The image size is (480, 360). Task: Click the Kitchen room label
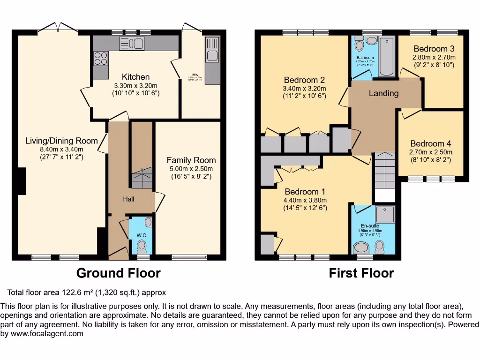click(x=136, y=77)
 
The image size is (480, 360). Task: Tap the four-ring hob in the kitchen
click(x=100, y=58)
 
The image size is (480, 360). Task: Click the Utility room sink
click(x=212, y=56)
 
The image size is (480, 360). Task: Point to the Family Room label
click(x=191, y=160)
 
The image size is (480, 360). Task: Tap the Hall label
click(x=128, y=199)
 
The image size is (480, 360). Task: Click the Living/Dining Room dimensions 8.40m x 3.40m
click(x=62, y=150)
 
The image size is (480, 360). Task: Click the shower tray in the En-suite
click(x=384, y=214)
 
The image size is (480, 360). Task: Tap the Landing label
click(x=383, y=93)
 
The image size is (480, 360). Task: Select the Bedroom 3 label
click(x=434, y=49)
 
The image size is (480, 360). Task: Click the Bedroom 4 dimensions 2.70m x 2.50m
click(x=431, y=152)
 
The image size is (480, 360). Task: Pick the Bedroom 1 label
click(x=304, y=192)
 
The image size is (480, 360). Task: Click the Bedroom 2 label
click(x=304, y=80)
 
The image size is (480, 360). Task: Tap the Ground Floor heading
click(x=118, y=273)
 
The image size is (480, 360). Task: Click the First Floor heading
click(x=361, y=273)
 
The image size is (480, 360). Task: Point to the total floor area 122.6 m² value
click(x=77, y=292)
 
